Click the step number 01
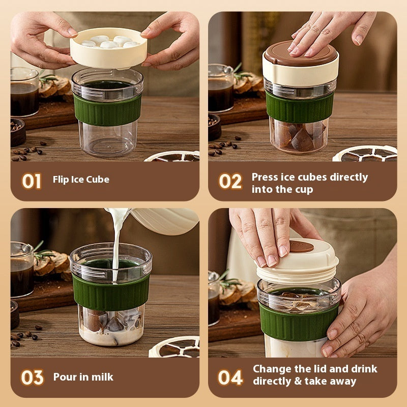(x=32, y=181)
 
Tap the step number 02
(x=230, y=181)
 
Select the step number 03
(x=32, y=377)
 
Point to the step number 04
(x=230, y=377)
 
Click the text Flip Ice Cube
(x=81, y=180)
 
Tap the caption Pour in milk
(x=83, y=377)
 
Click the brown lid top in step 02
(x=301, y=53)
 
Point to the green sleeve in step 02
(x=300, y=106)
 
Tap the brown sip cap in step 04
(x=302, y=247)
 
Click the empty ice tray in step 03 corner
(x=176, y=347)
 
